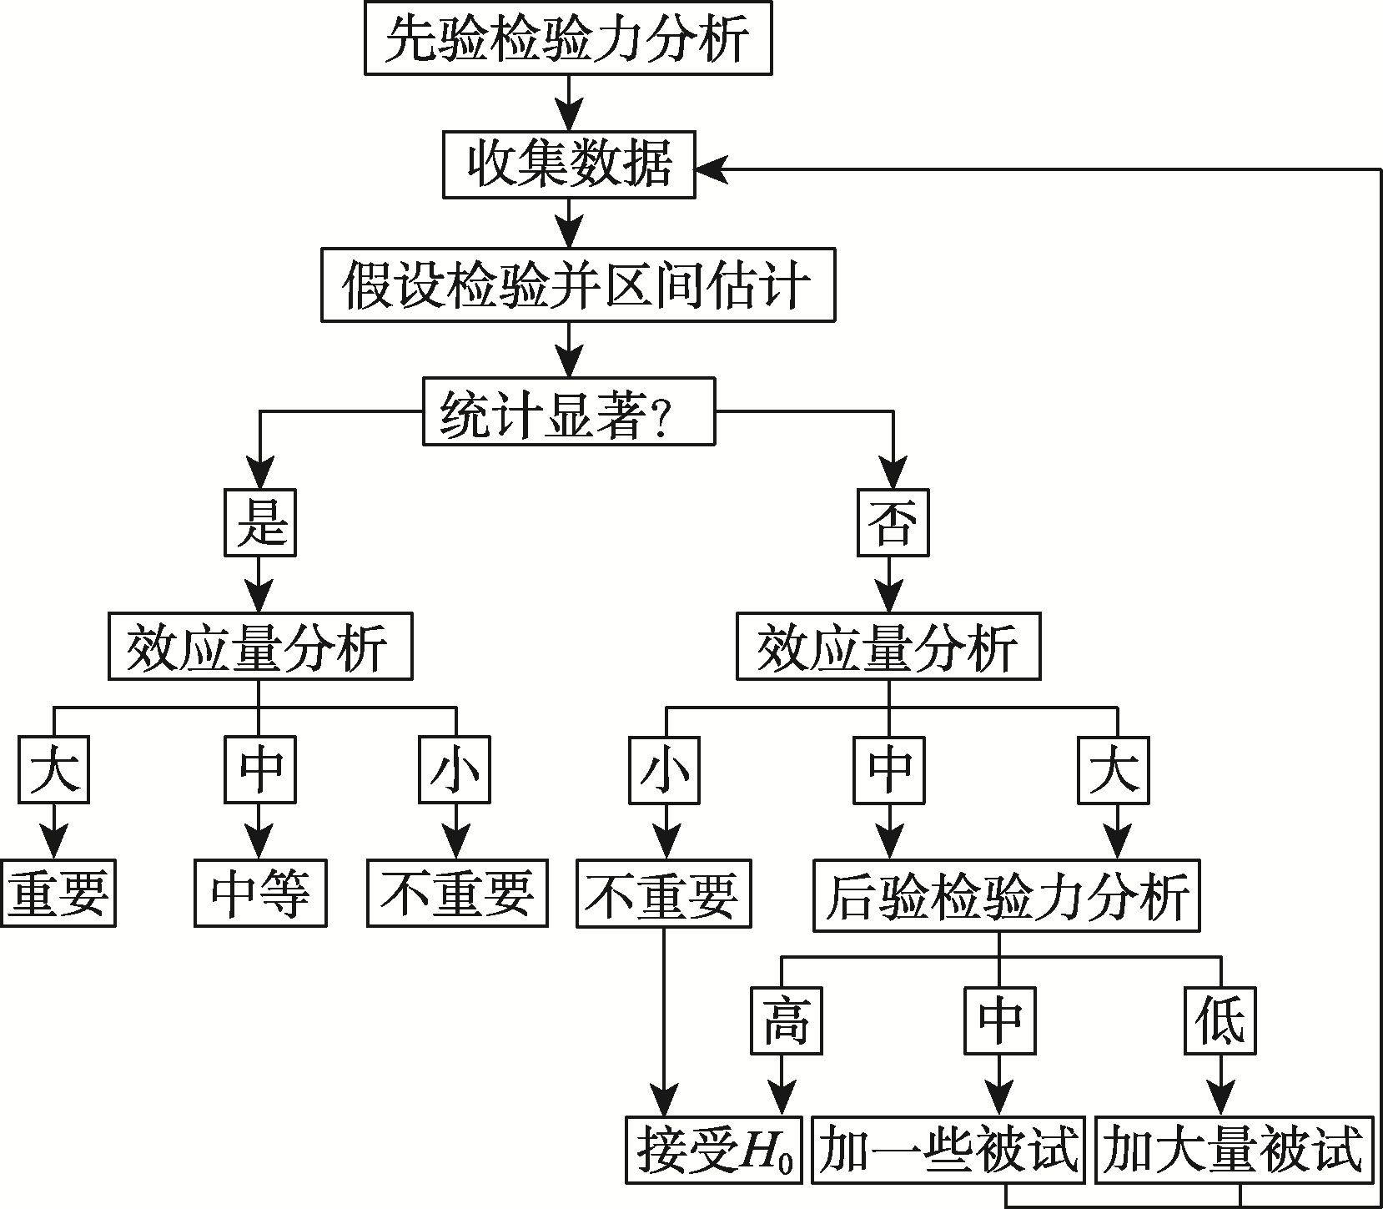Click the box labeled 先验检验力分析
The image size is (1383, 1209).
568,38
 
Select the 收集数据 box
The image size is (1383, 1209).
568,164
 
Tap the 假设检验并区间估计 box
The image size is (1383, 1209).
577,285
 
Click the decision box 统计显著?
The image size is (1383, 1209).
568,412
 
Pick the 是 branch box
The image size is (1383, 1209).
259,523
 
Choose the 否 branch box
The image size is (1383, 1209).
893,523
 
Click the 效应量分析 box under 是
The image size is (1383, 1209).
259,647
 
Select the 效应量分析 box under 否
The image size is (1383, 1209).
888,647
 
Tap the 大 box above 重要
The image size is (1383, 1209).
54,769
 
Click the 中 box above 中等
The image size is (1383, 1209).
259,769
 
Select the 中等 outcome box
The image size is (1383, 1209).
260,894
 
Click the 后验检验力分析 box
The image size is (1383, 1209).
1006,896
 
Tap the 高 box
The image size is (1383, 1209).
785,1020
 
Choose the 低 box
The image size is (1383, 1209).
1220,1020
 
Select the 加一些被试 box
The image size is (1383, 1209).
948,1150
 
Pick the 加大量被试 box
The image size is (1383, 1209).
1232,1150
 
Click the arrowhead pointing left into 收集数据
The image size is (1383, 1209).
710,169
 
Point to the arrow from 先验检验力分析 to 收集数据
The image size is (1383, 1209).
569,102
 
